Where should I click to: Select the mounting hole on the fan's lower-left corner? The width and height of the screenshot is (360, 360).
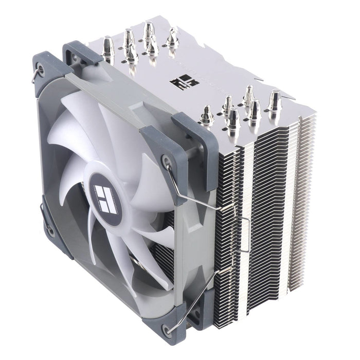click(50, 231)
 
